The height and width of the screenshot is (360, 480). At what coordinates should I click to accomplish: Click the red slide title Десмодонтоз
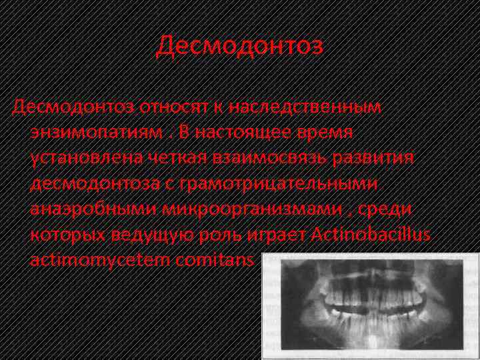(x=240, y=46)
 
